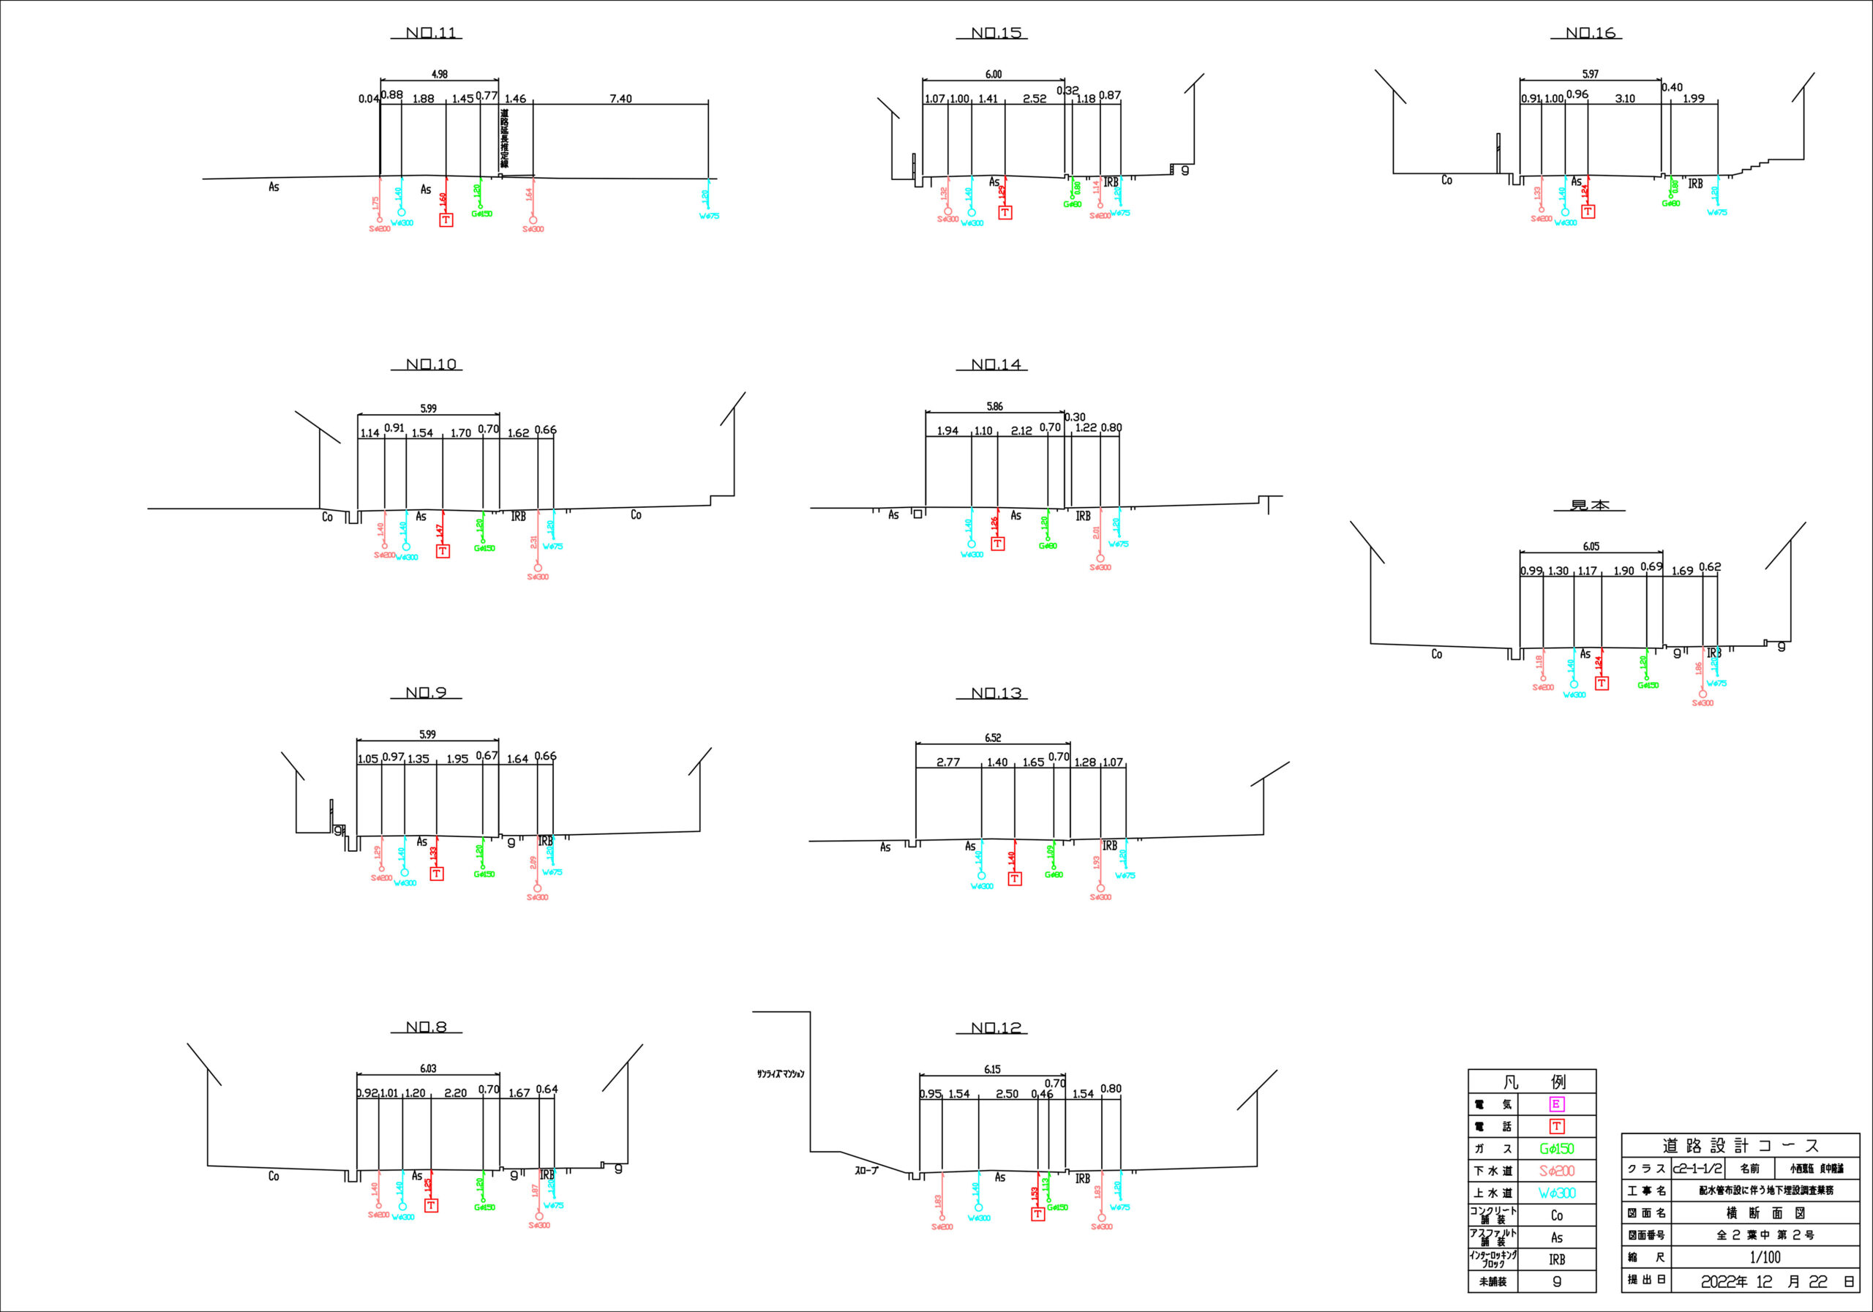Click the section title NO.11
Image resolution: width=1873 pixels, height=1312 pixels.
(432, 34)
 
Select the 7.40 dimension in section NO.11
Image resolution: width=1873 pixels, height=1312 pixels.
(620, 99)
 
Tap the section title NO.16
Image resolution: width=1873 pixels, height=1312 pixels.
(1590, 34)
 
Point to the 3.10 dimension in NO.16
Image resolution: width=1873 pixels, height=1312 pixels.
(1624, 99)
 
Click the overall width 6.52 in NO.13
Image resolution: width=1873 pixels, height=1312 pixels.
(992, 738)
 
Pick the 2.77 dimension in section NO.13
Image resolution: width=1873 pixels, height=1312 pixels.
(948, 762)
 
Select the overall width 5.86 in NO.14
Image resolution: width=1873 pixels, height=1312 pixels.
(994, 406)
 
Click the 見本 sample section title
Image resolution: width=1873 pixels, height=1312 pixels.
(1590, 506)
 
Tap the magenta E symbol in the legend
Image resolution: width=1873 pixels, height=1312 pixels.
(1556, 1104)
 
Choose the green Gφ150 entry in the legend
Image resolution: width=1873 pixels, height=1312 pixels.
(1556, 1149)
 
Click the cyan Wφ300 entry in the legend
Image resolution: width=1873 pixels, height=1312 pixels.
(1556, 1193)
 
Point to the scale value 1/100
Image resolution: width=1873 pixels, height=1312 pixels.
(1765, 1257)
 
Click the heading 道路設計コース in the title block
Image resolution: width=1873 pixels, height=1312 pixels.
(1741, 1146)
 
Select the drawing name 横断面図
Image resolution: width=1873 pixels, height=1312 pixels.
(1765, 1213)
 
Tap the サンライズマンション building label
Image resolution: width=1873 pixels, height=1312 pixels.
(780, 1073)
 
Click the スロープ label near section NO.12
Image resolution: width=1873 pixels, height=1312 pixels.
(866, 1171)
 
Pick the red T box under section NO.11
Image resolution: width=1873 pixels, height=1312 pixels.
(446, 220)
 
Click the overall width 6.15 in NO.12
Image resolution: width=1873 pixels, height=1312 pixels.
(992, 1070)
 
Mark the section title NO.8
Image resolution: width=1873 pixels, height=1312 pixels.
(427, 1027)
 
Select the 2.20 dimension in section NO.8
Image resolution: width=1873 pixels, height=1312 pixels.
(455, 1093)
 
